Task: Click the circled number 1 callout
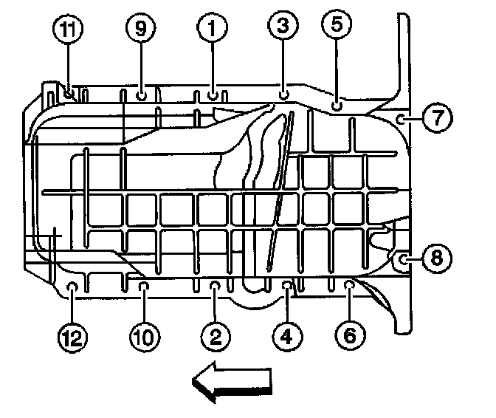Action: tap(211, 29)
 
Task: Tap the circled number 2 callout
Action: tap(215, 338)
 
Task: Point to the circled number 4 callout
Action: tap(286, 338)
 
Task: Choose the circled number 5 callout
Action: tap(337, 25)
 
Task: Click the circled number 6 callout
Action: tap(350, 336)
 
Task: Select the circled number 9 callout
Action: tap(141, 29)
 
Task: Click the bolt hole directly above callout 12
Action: tap(72, 286)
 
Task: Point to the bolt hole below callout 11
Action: tap(69, 94)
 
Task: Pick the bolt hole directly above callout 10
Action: tap(143, 285)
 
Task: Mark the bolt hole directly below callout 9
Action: tap(141, 95)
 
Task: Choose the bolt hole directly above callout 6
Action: tap(350, 284)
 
